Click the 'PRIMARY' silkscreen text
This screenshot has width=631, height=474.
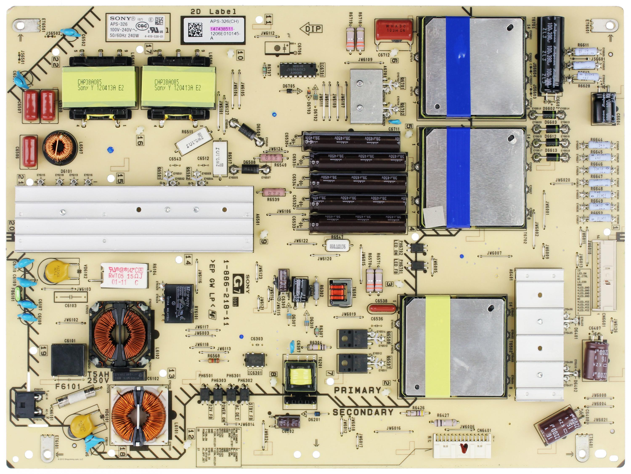(357, 390)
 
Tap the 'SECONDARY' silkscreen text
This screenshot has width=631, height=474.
(363, 412)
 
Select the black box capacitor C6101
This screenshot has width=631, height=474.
(68, 360)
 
